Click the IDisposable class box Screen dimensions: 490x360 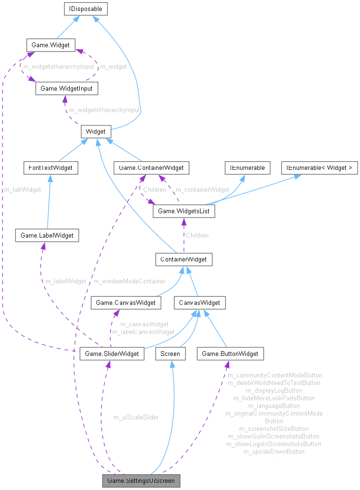[x=85, y=8]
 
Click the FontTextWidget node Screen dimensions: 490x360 [x=51, y=167]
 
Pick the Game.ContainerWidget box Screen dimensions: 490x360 [x=151, y=167]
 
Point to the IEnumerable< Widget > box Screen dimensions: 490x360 [x=319, y=167]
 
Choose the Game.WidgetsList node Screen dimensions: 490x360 [x=183, y=210]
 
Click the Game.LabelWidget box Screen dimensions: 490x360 [x=47, y=235]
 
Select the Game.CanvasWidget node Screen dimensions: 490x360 [x=126, y=302]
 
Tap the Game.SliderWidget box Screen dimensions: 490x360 [x=112, y=354]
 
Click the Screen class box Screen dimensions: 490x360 [x=170, y=354]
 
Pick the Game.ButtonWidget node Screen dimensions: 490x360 [x=230, y=354]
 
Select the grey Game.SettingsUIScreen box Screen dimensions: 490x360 [x=140, y=480]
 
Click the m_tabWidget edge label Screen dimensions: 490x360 [x=22, y=189]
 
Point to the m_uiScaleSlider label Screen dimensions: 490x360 [x=136, y=417]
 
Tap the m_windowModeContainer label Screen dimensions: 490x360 [x=129, y=281]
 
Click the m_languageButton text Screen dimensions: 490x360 [x=274, y=406]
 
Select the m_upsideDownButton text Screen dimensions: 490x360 [x=274, y=451]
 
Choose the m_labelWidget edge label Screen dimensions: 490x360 [x=65, y=281]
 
